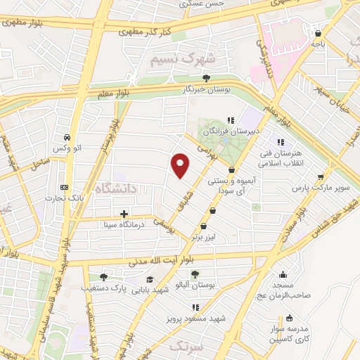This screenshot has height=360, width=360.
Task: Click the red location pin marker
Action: (181, 165)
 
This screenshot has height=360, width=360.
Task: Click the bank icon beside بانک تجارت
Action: (65, 187)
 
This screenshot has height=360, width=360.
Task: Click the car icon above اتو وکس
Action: (66, 137)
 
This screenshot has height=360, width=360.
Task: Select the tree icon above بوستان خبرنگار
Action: (206, 78)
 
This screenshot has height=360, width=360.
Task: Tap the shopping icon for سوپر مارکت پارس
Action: (321, 178)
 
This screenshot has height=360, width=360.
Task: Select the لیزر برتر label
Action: (203, 238)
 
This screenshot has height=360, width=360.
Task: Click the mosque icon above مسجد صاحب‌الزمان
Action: (283, 276)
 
